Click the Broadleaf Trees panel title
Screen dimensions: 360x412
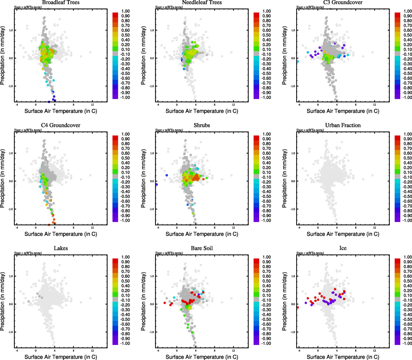click(x=61, y=2)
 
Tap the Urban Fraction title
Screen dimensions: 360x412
click(x=343, y=125)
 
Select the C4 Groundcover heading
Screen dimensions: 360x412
click(x=61, y=125)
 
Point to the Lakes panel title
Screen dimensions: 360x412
click(x=61, y=248)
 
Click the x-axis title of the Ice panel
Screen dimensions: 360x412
click(x=343, y=357)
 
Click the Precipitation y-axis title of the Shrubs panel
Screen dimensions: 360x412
click(x=143, y=178)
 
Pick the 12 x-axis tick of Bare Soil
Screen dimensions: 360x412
click(x=233, y=350)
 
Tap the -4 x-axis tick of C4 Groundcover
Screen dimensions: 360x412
click(x=17, y=228)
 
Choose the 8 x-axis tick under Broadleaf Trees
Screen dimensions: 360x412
click(x=74, y=105)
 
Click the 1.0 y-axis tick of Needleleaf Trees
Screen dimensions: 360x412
click(x=152, y=30)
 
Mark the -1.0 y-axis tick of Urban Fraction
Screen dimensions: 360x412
click(x=293, y=209)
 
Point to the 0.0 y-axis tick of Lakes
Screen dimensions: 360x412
click(x=11, y=304)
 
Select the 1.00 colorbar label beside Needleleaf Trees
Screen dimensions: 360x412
click(x=266, y=11)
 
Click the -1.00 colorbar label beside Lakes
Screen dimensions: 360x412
click(x=125, y=343)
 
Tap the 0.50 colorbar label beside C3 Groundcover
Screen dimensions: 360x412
click(x=407, y=35)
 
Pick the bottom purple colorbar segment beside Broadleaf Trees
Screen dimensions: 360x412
click(x=115, y=97)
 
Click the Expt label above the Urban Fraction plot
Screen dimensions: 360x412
click(x=310, y=130)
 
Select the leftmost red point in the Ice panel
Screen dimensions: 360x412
click(x=298, y=307)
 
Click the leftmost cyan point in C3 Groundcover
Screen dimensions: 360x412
click(x=298, y=61)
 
